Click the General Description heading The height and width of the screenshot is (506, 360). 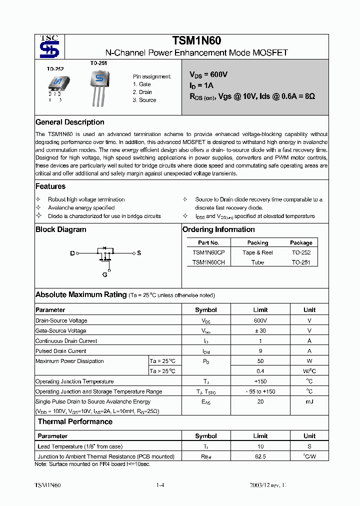point(70,122)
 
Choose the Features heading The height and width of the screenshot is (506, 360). point(50,186)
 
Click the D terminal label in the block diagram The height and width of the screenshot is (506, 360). point(72,253)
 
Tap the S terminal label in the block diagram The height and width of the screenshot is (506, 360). point(139,253)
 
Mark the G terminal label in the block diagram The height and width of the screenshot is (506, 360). point(105,274)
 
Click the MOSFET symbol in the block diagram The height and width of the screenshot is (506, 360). point(105,254)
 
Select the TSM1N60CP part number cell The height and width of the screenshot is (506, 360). point(208,252)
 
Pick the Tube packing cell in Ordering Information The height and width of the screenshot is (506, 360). point(257,262)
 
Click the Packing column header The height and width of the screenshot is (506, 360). point(257,242)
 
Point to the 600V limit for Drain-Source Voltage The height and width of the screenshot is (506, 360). point(260,320)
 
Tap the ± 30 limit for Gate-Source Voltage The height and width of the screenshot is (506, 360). point(260,330)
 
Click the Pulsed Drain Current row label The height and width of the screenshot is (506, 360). point(61,351)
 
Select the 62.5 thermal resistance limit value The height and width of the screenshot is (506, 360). point(260,456)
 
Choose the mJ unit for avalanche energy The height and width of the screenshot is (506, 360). point(309,401)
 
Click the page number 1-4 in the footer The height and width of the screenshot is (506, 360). point(160,485)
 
